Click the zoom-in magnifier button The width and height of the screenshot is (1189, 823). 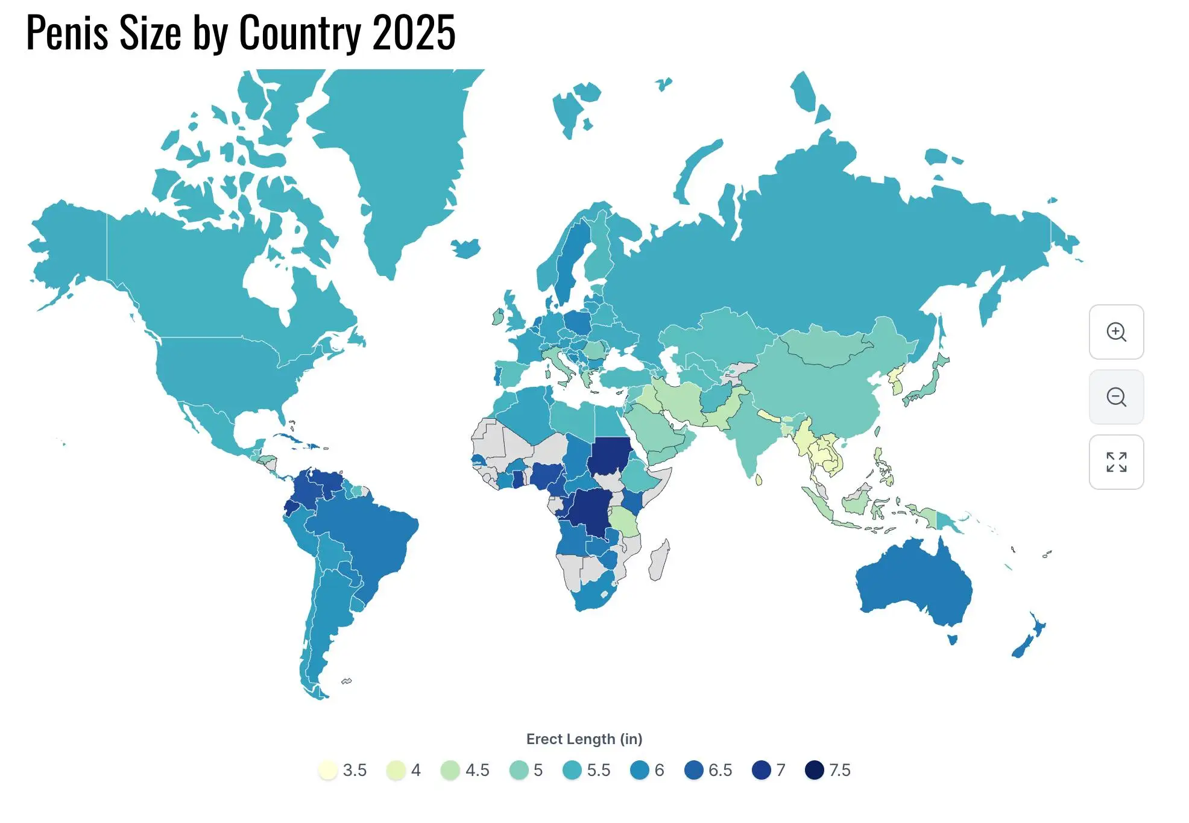pyautogui.click(x=1116, y=332)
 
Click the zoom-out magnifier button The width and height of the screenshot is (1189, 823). pyautogui.click(x=1116, y=397)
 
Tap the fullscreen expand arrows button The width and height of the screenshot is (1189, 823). pyautogui.click(x=1116, y=462)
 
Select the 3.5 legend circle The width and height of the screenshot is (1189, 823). pyautogui.click(x=327, y=770)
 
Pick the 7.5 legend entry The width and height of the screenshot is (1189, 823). pyautogui.click(x=815, y=770)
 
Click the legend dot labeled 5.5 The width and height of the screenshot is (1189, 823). pyautogui.click(x=572, y=770)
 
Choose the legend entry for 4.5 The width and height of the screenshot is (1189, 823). pyautogui.click(x=450, y=770)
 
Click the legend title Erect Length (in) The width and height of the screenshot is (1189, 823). pyautogui.click(x=584, y=739)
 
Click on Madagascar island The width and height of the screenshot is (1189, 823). pyautogui.click(x=658, y=560)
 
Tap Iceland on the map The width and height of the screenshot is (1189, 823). pyautogui.click(x=466, y=248)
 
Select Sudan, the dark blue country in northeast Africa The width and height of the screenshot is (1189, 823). pyautogui.click(x=610, y=456)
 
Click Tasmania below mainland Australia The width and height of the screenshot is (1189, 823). pyautogui.click(x=953, y=639)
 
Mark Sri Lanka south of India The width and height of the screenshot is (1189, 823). pyautogui.click(x=759, y=480)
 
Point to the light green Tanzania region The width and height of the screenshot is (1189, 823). pyautogui.click(x=623, y=521)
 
